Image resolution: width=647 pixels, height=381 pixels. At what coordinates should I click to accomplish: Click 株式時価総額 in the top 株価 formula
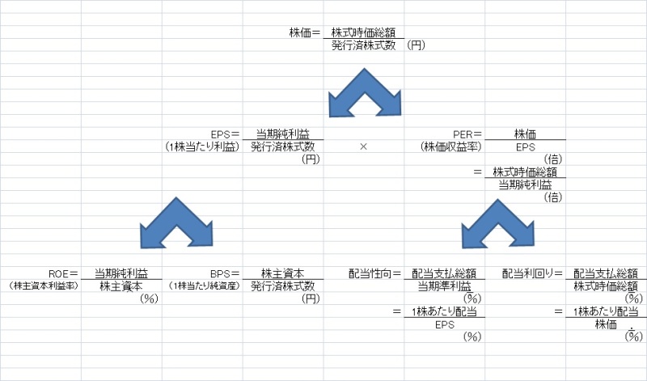click(363, 33)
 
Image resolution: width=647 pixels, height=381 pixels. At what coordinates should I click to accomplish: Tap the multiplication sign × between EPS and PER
click(363, 146)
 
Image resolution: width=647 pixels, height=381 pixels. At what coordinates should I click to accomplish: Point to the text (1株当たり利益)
click(202, 146)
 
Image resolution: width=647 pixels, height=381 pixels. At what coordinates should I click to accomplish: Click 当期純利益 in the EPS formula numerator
click(282, 133)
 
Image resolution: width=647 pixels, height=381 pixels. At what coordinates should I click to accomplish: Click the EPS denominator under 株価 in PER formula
click(525, 146)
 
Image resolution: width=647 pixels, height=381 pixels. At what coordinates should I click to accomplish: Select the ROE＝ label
click(63, 273)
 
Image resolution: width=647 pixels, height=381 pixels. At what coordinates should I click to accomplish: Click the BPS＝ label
click(225, 273)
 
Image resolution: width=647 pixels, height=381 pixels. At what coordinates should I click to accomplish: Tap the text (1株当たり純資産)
click(203, 286)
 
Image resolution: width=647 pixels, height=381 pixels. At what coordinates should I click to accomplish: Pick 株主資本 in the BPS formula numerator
click(282, 273)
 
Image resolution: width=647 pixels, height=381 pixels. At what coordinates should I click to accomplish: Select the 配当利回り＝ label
click(533, 273)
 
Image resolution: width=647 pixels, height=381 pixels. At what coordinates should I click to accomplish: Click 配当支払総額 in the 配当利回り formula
click(606, 273)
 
